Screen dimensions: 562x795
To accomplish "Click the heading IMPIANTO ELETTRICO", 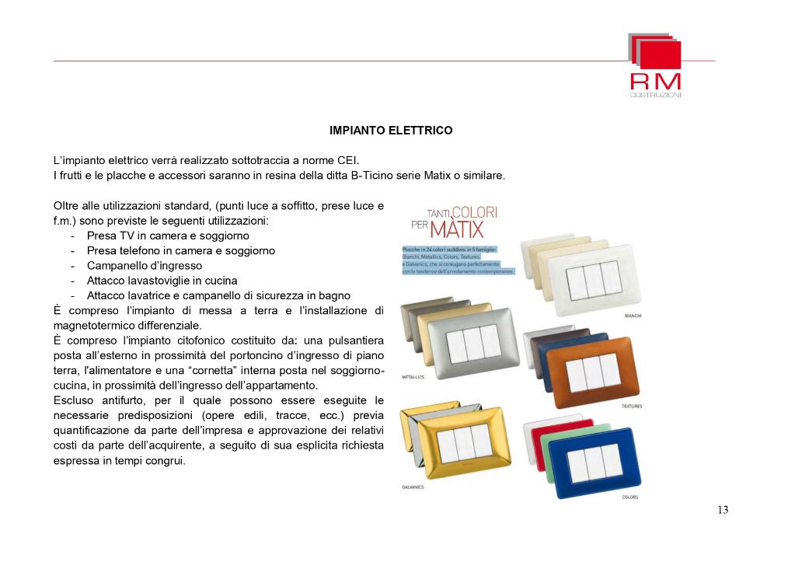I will [391, 131].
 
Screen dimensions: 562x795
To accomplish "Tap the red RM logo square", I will [661, 54].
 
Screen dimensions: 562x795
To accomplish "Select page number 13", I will [723, 510].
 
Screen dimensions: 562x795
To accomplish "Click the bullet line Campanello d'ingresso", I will [144, 266].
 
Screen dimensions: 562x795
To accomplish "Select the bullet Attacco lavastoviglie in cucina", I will [162, 281].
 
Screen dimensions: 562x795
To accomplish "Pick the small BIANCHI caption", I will [633, 316].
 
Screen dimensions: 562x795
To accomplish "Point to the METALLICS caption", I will [413, 376].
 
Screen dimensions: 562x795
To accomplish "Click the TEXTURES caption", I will [632, 407].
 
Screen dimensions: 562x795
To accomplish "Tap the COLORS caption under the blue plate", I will [631, 497].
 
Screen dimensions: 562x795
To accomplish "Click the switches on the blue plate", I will [596, 462].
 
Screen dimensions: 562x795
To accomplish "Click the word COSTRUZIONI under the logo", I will [655, 95].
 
